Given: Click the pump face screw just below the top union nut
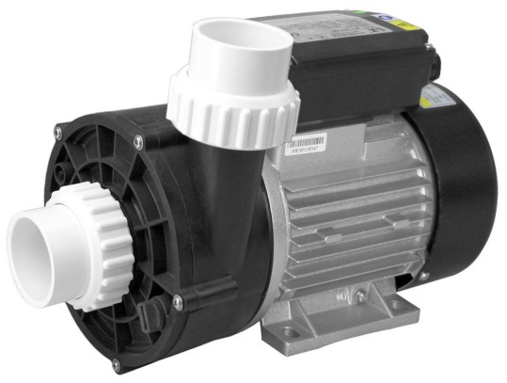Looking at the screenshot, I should click(138, 141).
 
